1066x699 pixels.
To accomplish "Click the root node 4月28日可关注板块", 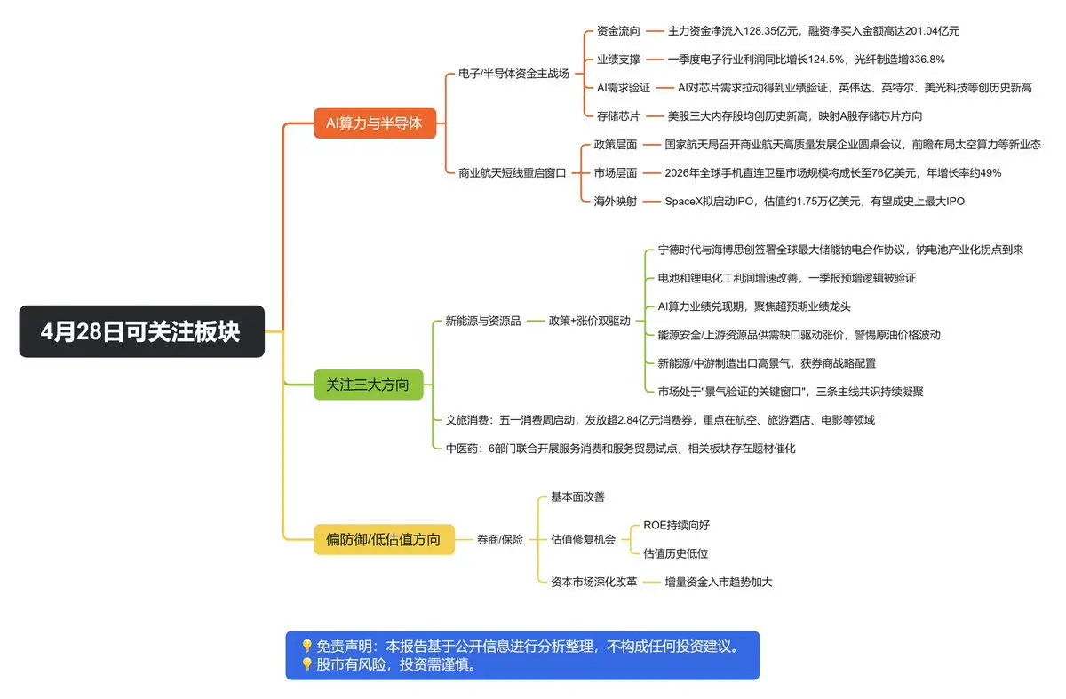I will pyautogui.click(x=141, y=331).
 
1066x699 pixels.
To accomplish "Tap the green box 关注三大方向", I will pyautogui.click(x=368, y=385).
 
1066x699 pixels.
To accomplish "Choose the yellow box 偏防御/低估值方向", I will pyautogui.click(x=383, y=539).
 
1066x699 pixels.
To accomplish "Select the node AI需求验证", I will pyautogui.click(x=624, y=87).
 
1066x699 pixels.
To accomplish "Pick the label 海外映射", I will pyautogui.click(x=615, y=202).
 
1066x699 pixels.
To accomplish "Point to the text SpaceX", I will pyautogui.click(x=687, y=202).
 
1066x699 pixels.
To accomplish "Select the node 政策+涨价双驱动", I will pyautogui.click(x=589, y=321).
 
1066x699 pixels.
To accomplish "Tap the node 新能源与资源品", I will pyautogui.click(x=482, y=321).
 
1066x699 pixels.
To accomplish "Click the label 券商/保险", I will pyautogui.click(x=500, y=539).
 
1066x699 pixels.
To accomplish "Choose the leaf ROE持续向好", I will pyautogui.click(x=676, y=525).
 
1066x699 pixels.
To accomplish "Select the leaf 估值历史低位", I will pyautogui.click(x=675, y=553).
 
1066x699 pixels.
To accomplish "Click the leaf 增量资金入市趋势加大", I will pyautogui.click(x=725, y=582).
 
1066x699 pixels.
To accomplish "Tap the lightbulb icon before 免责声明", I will pyautogui.click(x=306, y=647).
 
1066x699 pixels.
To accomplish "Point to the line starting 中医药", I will pyautogui.click(x=620, y=449).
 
